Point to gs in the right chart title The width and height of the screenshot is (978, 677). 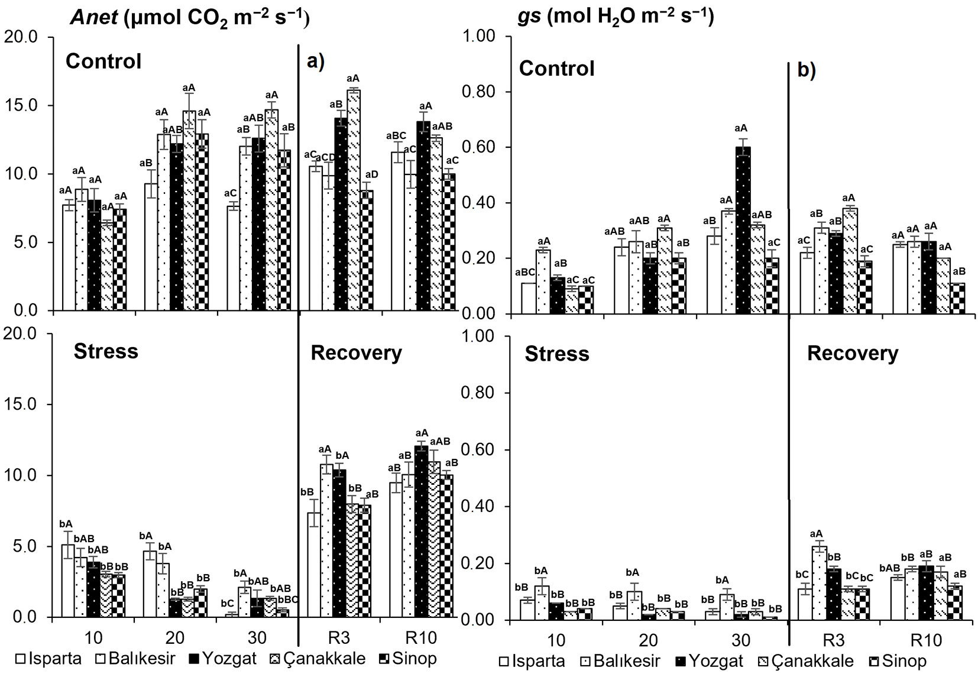(x=527, y=17)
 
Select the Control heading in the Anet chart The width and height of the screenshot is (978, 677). (x=103, y=61)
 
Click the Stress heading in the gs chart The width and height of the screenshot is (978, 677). (x=557, y=354)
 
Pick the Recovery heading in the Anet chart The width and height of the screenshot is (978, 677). (x=356, y=353)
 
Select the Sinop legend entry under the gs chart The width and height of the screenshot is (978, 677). (x=898, y=660)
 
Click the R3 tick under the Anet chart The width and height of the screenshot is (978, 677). (x=340, y=637)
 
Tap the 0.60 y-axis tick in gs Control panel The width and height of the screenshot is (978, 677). (x=484, y=147)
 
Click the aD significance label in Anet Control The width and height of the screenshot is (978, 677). (x=372, y=174)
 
